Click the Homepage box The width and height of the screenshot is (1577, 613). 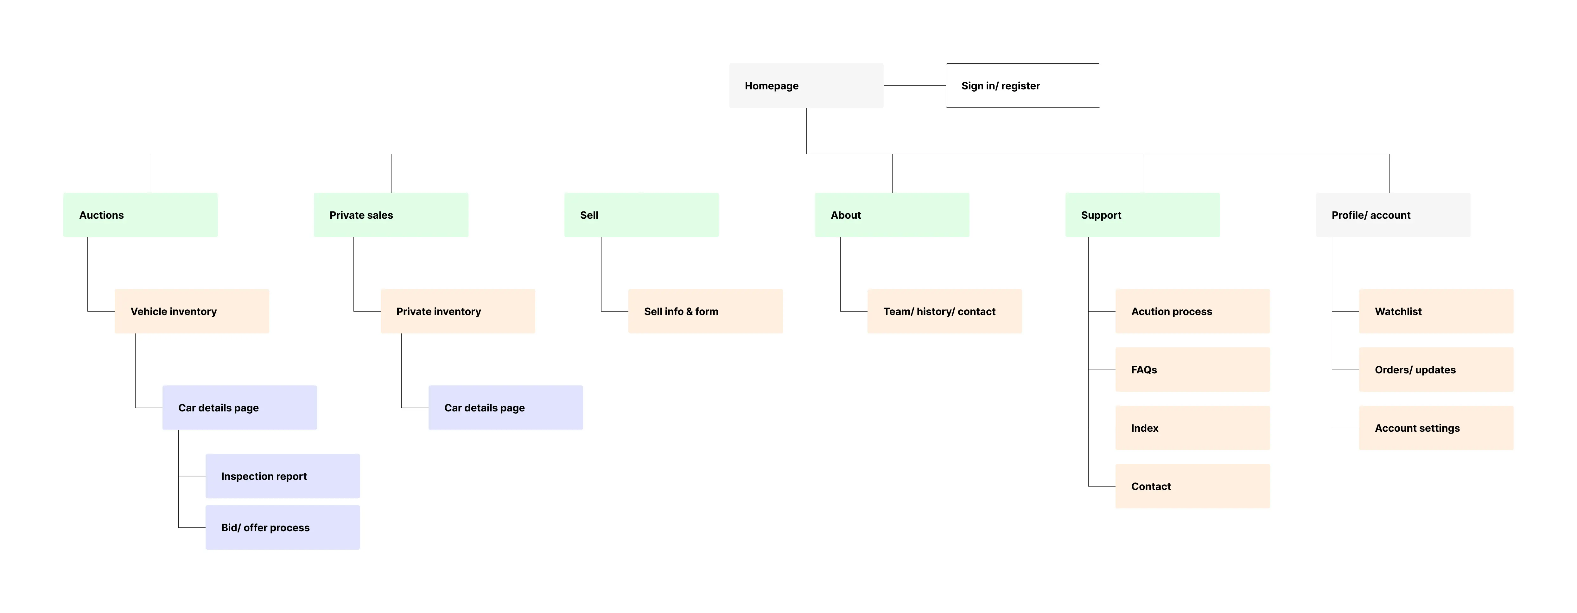tap(806, 86)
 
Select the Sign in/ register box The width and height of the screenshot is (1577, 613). tap(1022, 86)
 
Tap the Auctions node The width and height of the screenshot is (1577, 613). tap(140, 215)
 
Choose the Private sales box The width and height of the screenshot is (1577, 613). tap(391, 215)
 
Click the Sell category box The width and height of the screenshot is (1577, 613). tap(641, 215)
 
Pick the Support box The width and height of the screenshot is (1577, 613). tap(1142, 215)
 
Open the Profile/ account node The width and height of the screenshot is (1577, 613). tap(1393, 215)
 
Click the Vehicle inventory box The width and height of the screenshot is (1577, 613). tap(192, 311)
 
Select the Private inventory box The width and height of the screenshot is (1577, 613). tap(457, 311)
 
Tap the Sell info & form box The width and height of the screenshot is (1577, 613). tap(705, 311)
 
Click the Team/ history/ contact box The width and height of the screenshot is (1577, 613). tap(944, 311)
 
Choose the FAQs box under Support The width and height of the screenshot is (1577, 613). tap(1192, 369)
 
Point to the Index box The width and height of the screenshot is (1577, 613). tap(1192, 428)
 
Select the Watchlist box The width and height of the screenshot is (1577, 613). tap(1436, 311)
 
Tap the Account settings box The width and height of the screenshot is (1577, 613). tap(1436, 428)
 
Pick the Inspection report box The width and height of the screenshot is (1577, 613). tap(282, 476)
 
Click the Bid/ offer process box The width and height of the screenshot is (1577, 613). tap(282, 527)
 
